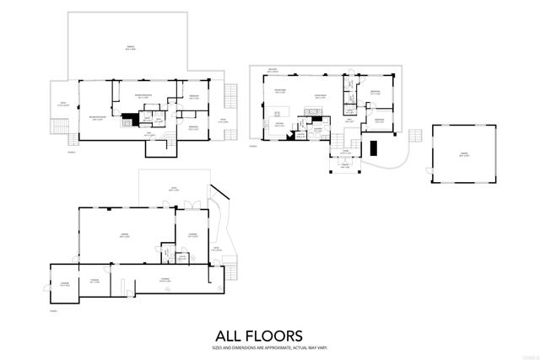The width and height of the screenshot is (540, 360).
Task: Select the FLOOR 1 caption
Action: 53,311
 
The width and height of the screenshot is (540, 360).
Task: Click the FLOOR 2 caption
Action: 72,152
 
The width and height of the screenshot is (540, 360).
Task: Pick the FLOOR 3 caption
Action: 253,145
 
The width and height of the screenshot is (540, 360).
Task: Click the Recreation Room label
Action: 97,117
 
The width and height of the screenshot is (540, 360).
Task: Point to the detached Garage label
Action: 463,154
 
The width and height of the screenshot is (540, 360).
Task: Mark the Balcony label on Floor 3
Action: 273,70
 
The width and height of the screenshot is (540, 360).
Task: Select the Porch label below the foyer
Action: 345,166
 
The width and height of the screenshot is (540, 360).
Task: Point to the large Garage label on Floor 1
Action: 123,235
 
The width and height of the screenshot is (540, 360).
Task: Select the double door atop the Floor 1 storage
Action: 194,206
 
